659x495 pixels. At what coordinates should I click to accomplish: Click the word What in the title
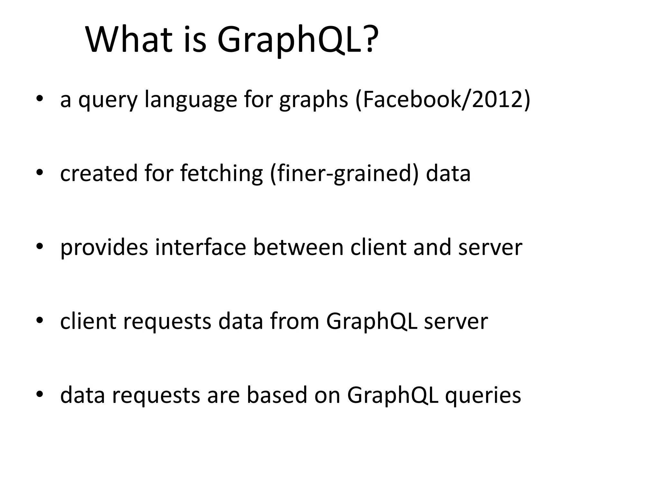click(129, 40)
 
